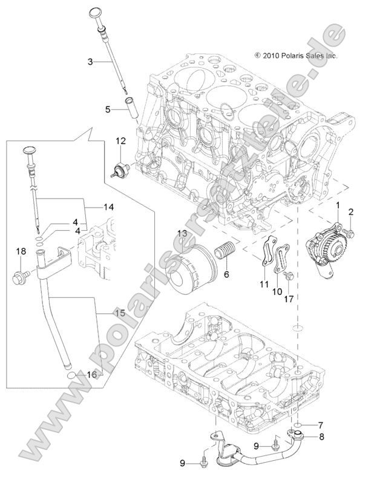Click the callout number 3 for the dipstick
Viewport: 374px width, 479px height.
pos(90,62)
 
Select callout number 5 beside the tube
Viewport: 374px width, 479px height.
pos(108,109)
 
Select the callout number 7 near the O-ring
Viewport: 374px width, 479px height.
pos(321,424)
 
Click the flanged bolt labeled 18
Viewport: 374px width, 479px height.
pos(19,279)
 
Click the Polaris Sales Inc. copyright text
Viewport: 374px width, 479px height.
pos(296,55)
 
